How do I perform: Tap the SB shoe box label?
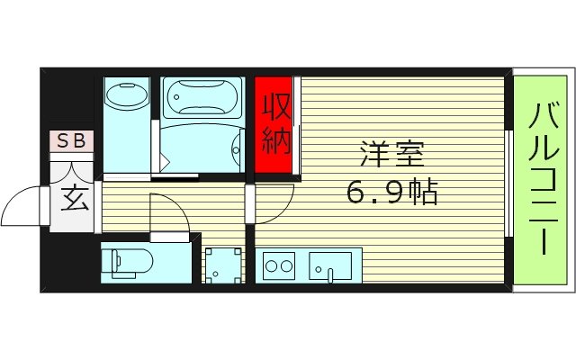[71, 140]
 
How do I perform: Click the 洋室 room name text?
[391, 154]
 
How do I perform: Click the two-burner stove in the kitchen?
[279, 266]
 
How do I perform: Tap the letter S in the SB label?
[64, 140]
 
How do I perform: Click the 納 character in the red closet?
[276, 141]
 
